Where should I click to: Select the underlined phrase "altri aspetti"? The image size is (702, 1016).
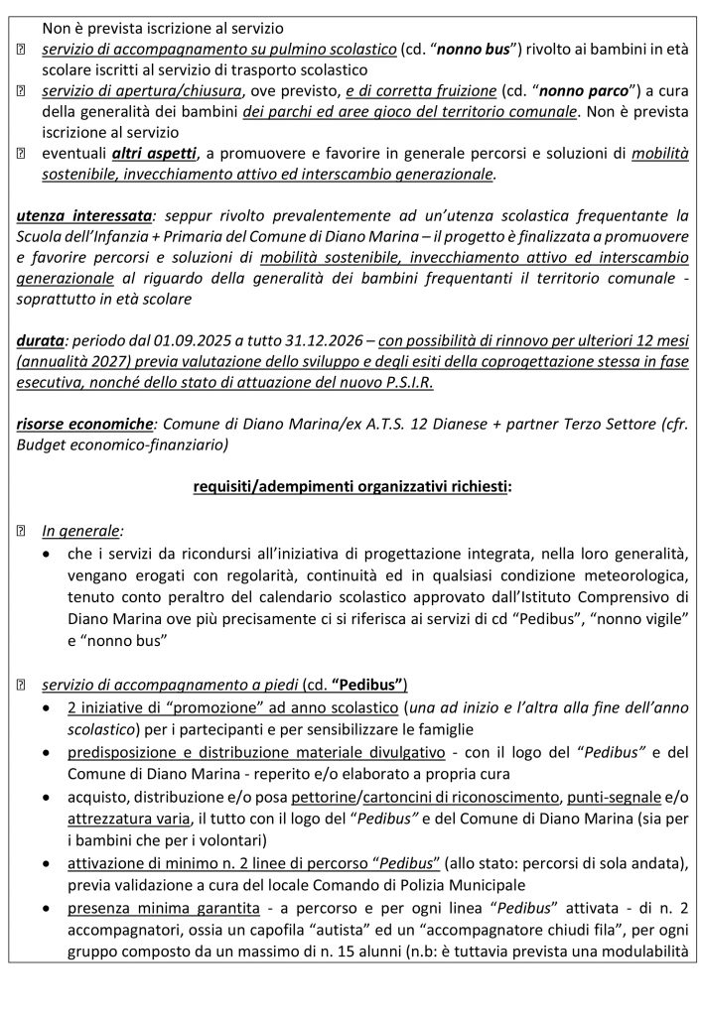tap(155, 154)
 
